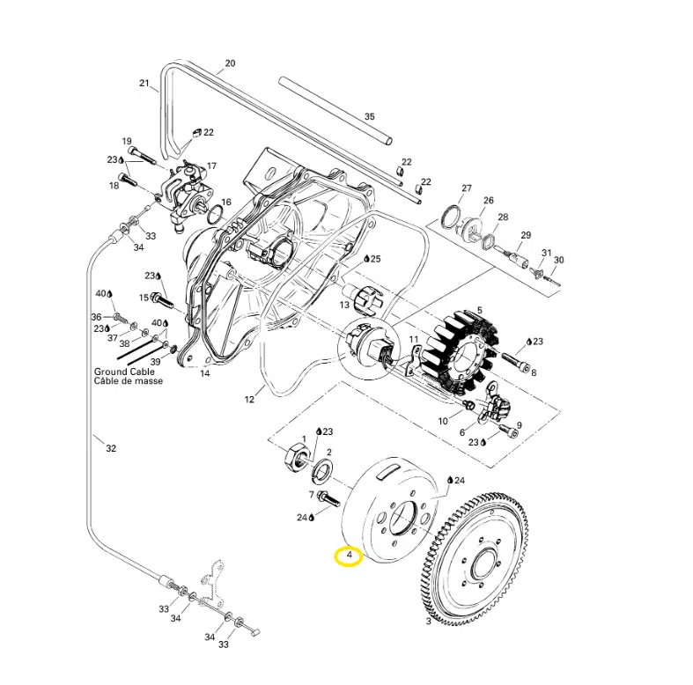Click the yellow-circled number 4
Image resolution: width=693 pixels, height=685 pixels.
(350, 555)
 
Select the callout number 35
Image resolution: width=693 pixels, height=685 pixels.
(370, 117)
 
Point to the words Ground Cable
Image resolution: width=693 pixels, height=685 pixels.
(124, 372)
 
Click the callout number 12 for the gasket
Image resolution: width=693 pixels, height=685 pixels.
(249, 400)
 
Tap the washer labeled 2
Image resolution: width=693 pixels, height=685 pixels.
(322, 469)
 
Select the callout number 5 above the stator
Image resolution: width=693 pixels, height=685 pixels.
(480, 311)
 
